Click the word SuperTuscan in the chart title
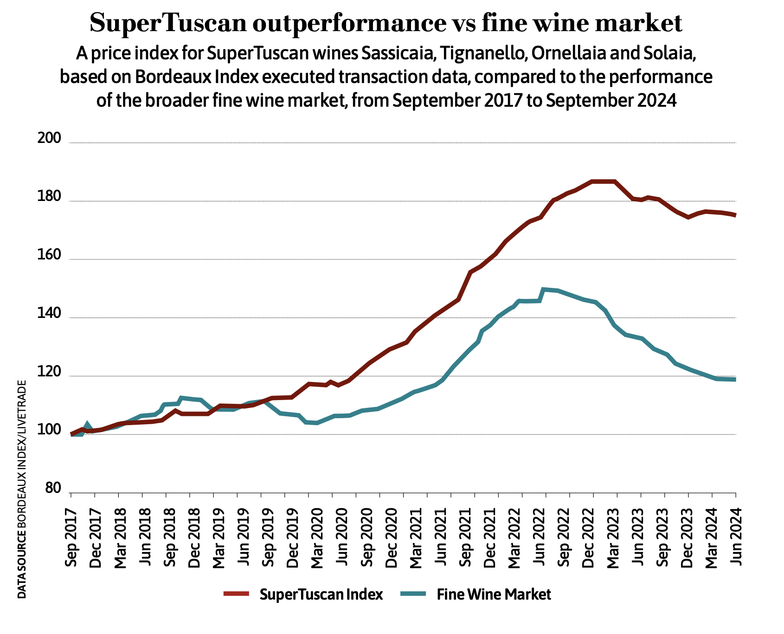(x=167, y=23)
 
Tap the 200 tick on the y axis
(x=49, y=138)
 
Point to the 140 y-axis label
(x=49, y=314)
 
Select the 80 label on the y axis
(x=52, y=489)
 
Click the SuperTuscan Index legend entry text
(x=321, y=595)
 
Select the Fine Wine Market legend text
(x=494, y=595)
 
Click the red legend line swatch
(x=237, y=594)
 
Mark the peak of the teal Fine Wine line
(x=544, y=290)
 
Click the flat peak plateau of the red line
(x=603, y=181)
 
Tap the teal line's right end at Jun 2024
(x=734, y=380)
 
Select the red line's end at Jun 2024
(x=734, y=215)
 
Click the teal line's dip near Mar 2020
(x=316, y=423)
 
